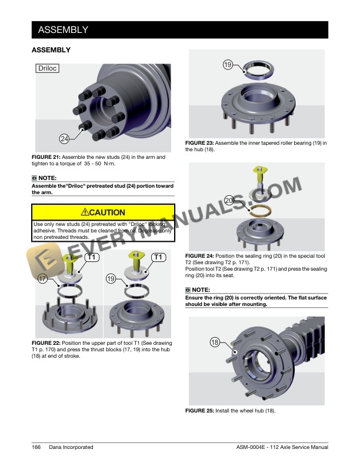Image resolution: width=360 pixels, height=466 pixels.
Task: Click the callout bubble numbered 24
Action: tap(65, 138)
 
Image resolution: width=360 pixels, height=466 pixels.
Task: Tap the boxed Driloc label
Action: tap(48, 68)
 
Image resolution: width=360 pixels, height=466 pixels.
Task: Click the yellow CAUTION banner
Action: tap(103, 212)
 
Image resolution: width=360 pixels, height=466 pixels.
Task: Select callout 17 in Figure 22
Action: tap(43, 278)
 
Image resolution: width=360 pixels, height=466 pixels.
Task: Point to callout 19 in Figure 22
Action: tap(111, 278)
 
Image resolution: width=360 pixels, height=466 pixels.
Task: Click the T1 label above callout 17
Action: tap(92, 257)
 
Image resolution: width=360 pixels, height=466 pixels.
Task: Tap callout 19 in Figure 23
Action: tap(228, 65)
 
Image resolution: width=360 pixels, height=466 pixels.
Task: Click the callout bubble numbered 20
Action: tap(229, 200)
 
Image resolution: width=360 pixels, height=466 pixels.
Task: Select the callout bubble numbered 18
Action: tap(215, 342)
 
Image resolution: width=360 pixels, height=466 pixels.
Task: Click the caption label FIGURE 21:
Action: tap(46, 157)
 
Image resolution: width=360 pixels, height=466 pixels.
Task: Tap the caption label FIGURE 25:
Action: tap(199, 411)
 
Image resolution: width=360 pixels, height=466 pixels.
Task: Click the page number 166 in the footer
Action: tap(36, 447)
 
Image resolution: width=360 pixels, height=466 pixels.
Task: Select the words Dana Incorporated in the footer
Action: tap(71, 447)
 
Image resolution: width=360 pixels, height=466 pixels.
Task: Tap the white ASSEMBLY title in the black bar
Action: tap(64, 30)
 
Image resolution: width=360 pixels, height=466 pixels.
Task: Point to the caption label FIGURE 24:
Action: tap(199, 256)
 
